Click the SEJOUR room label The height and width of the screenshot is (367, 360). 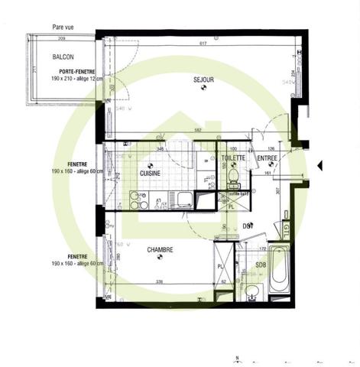click(x=203, y=78)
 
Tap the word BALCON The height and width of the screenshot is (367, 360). click(x=63, y=57)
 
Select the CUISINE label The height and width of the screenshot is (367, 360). click(x=150, y=174)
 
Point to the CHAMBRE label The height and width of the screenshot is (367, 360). click(x=160, y=249)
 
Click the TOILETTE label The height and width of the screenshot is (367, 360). click(x=233, y=158)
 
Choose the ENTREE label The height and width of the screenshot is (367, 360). click(x=267, y=158)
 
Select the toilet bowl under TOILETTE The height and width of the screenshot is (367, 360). click(x=234, y=176)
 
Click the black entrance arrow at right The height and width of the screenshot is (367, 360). click(x=321, y=163)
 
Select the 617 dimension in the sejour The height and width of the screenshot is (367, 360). click(x=203, y=44)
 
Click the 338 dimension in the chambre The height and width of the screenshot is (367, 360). click(x=160, y=283)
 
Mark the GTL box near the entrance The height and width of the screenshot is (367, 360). click(x=287, y=229)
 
